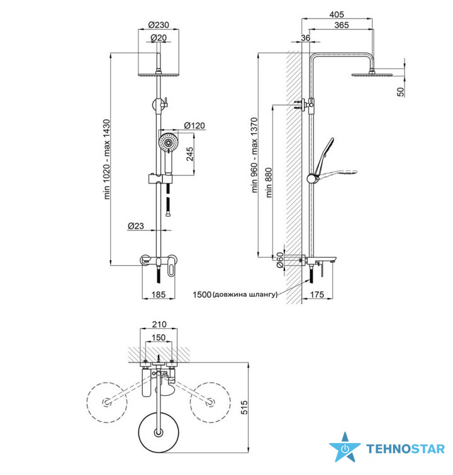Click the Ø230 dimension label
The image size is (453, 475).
click(159, 25)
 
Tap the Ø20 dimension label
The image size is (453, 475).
click(159, 38)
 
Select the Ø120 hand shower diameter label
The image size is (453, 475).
click(194, 126)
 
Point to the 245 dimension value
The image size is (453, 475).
click(189, 154)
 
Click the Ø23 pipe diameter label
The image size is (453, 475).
click(136, 226)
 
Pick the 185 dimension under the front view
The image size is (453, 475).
click(159, 295)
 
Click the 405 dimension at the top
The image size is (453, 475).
click(337, 14)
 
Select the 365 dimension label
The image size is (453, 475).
click(342, 25)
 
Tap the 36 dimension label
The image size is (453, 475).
click(306, 38)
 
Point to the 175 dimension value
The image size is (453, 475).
click(317, 295)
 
